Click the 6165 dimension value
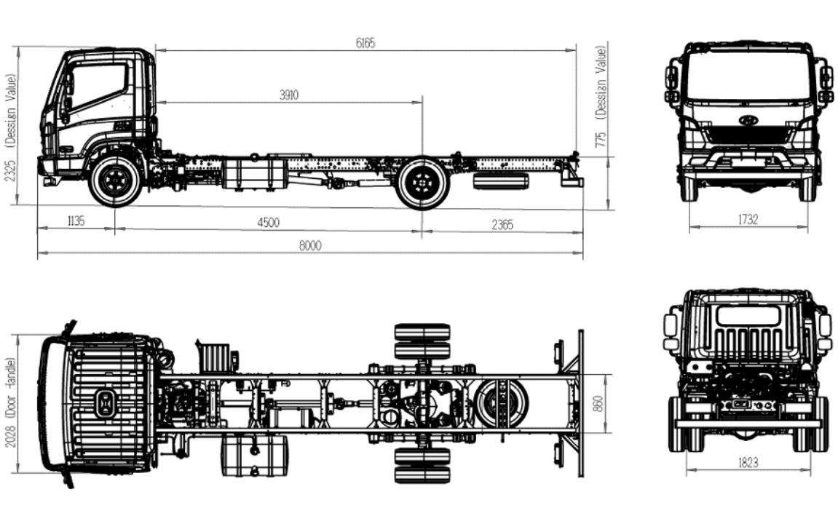tap(365, 43)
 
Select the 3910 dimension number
tap(288, 95)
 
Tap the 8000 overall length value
tap(310, 245)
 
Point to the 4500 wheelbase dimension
tap(268, 222)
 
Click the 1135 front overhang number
tap(76, 221)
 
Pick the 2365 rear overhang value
tap(502, 225)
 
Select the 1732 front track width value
tap(748, 219)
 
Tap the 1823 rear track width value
tap(748, 463)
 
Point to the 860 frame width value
tap(598, 403)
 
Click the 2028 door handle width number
tap(10, 450)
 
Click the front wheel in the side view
tap(116, 180)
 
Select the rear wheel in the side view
tap(423, 183)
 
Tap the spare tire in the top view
tap(501, 402)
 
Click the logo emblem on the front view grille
tap(748, 119)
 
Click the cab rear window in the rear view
tap(748, 316)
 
